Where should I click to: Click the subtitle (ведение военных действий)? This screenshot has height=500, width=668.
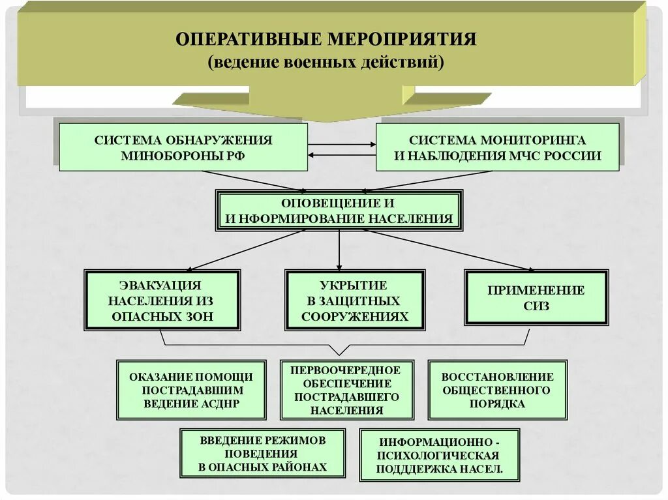326,63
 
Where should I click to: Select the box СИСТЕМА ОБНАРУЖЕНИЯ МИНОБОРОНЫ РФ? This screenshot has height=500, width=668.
183,147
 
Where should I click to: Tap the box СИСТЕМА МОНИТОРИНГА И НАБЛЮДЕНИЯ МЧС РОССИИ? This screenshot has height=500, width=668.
497,148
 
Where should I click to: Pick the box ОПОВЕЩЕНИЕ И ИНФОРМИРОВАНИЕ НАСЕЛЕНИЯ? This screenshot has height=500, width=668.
339,211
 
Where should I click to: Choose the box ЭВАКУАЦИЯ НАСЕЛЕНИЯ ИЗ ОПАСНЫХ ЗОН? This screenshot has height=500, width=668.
162,301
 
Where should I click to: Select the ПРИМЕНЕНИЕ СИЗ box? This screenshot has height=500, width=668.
536,298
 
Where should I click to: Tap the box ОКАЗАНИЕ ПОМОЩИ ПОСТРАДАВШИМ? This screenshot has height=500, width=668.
191,389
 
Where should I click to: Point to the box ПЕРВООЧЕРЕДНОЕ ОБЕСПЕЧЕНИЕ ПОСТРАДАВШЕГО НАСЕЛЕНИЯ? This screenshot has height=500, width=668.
346,389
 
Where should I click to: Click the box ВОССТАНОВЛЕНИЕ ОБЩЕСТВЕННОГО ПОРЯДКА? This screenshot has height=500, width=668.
497,389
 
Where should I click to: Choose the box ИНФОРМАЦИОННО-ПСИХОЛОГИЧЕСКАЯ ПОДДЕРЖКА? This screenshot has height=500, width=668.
439,454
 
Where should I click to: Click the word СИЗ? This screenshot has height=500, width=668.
536,306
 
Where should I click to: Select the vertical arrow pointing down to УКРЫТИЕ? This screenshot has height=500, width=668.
339,248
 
